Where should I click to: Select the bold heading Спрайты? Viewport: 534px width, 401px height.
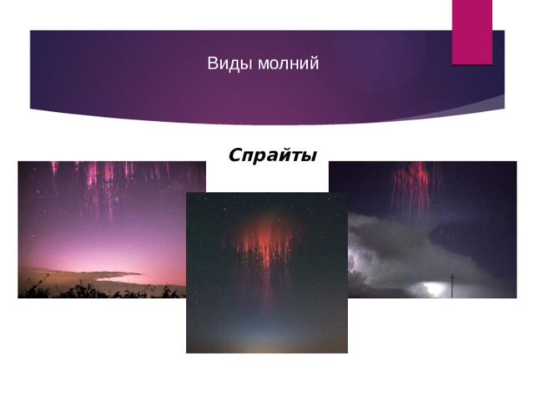tap(272, 155)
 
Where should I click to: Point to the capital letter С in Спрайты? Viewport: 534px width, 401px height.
tap(234, 155)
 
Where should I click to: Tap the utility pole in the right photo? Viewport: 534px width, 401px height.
tap(452, 284)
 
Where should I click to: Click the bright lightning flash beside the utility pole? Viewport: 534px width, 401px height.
tap(434, 289)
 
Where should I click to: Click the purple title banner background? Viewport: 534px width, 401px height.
tap(125, 75)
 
